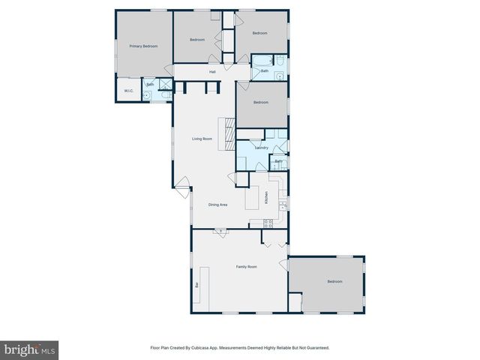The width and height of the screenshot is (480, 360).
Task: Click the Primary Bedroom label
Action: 143,46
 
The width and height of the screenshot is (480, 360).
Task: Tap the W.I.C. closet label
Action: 128,92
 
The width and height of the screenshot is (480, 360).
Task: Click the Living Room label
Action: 202,139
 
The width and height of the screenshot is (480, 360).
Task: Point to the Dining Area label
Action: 217,205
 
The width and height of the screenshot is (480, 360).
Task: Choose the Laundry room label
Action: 262,148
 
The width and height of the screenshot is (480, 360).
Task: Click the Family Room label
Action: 247,267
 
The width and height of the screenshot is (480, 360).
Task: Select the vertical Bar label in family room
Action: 197,285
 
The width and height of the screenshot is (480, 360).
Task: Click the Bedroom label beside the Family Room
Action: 334,281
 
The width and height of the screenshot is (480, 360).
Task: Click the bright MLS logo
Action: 29,349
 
